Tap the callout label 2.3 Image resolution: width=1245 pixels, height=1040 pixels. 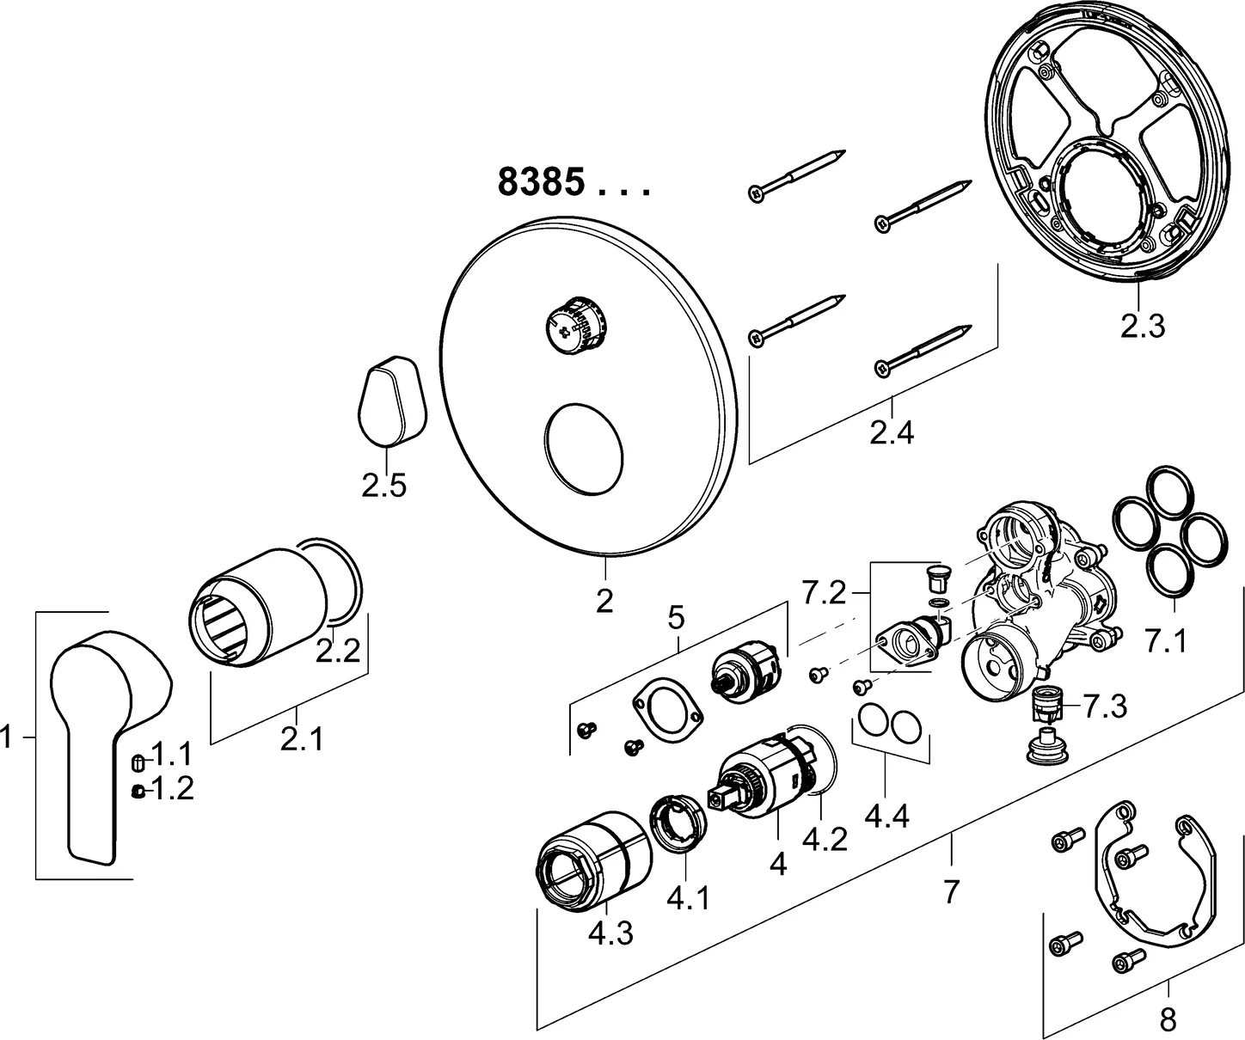(1142, 327)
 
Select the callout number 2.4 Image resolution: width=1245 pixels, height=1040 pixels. (891, 433)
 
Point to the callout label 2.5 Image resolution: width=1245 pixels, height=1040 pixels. (383, 486)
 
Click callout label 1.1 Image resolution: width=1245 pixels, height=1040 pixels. (172, 756)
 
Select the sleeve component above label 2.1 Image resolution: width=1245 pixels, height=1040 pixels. (258, 606)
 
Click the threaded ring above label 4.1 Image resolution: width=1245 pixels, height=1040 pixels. (680, 825)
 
